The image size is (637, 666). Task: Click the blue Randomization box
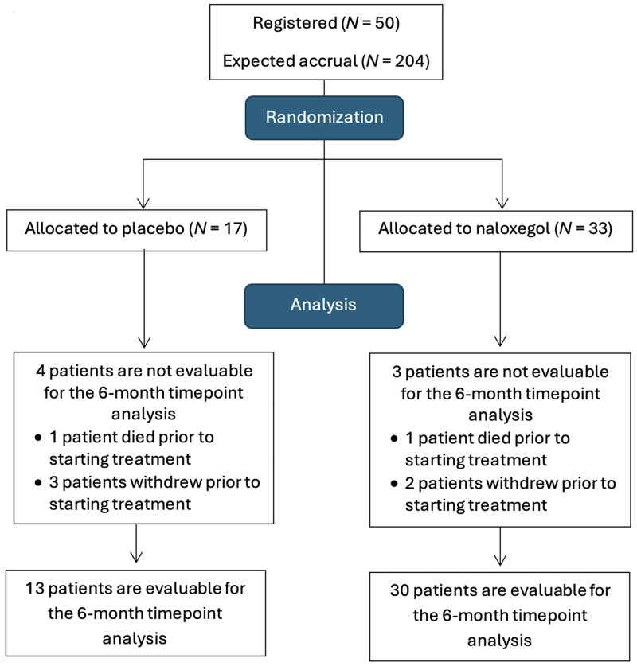324,118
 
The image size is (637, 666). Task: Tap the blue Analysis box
324,306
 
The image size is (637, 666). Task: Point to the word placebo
153,229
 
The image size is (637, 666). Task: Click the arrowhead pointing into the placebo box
143,203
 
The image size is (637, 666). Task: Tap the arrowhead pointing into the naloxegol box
502,203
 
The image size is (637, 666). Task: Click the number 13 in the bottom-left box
35,589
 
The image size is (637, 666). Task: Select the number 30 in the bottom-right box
400,591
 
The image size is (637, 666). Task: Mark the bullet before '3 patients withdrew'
39,482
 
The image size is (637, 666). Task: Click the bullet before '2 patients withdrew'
394,483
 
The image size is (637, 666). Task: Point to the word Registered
295,23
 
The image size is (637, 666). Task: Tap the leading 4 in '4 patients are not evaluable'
41,372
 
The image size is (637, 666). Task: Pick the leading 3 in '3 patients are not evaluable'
397,372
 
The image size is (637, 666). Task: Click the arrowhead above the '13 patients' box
136,557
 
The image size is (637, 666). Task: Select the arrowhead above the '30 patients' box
500,559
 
